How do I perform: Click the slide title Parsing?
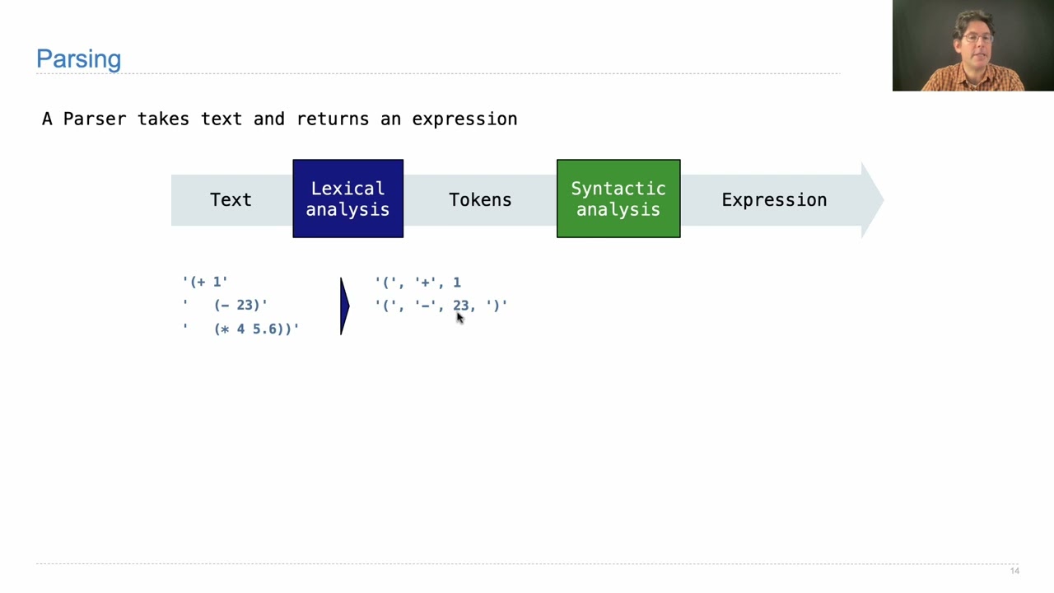point(78,59)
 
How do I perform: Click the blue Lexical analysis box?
point(347,198)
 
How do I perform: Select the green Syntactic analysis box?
point(618,198)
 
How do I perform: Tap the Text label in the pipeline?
point(231,200)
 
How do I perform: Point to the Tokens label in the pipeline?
point(480,200)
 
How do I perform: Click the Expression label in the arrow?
point(774,200)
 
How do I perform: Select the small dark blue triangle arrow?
point(344,306)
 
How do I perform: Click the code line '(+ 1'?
point(205,282)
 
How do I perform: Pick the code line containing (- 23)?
point(240,305)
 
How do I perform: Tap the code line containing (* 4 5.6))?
point(255,329)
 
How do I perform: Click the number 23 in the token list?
point(460,305)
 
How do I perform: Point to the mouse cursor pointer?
point(459,318)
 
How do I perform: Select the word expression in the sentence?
point(464,119)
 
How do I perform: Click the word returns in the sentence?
point(333,119)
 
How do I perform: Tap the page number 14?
point(1014,571)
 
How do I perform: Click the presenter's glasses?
point(977,39)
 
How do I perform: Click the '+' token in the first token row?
point(426,282)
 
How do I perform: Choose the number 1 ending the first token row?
point(457,282)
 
